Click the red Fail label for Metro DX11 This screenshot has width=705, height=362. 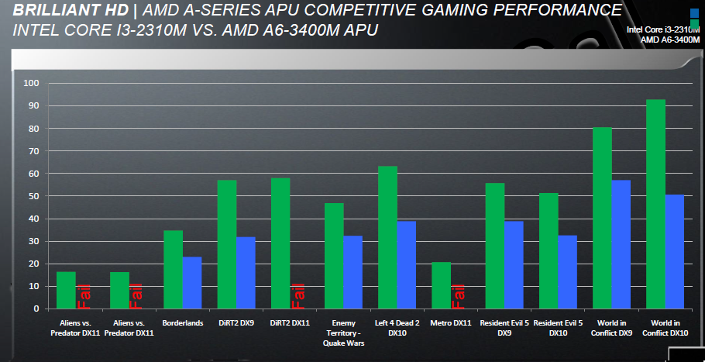pyautogui.click(x=458, y=295)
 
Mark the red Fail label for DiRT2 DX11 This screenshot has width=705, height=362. pyautogui.click(x=298, y=295)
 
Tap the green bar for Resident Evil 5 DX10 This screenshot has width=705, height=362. pyautogui.click(x=548, y=251)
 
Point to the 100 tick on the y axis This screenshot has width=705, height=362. pyautogui.click(x=31, y=83)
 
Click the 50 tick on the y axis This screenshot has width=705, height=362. pyautogui.click(x=33, y=196)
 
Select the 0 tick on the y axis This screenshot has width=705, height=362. pyautogui.click(x=36, y=309)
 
